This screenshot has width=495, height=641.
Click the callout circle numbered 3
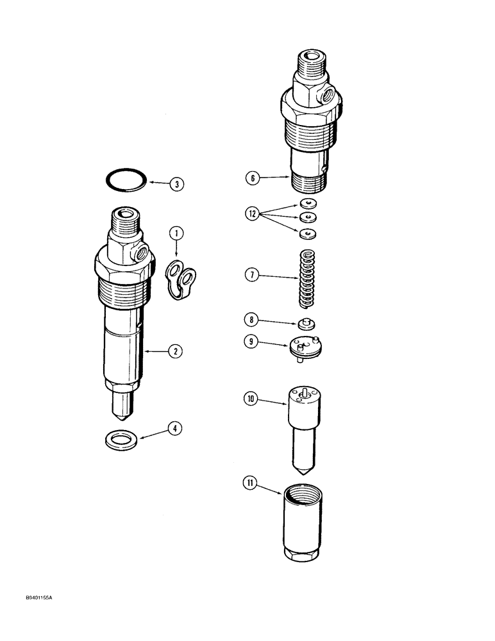177,185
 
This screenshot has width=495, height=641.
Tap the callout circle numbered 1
176,235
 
